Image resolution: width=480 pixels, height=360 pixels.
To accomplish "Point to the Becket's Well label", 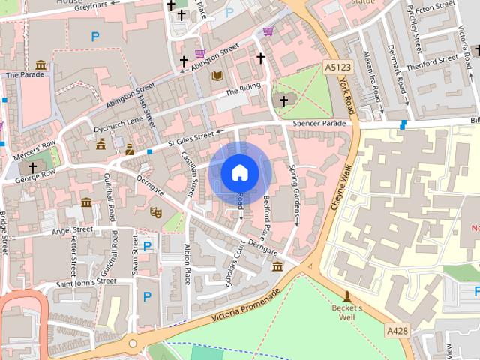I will tap(347, 312).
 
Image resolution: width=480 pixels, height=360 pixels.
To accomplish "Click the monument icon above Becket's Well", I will tap(347, 295).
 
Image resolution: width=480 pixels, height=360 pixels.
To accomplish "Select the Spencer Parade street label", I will tap(320, 123).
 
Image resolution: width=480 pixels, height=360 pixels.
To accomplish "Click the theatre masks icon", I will tap(156, 213).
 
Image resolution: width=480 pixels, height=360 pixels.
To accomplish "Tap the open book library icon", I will tap(217, 76).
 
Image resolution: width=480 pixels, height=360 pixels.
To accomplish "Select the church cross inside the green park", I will tap(283, 100).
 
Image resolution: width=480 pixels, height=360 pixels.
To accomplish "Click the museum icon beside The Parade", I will tap(40, 65).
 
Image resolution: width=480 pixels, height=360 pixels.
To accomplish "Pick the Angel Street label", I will tap(72, 231).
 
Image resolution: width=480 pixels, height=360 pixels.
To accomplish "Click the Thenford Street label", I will tap(430, 62).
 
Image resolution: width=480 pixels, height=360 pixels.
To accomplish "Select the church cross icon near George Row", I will tap(32, 166).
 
